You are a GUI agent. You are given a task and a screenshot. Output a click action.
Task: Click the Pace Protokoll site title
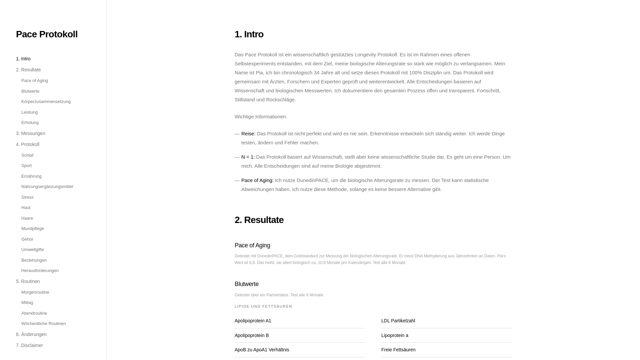pyautogui.click(x=47, y=34)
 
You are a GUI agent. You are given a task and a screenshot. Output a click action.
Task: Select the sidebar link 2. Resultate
pyautogui.click(x=28, y=70)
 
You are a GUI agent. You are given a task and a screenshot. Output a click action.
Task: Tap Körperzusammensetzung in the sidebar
pyautogui.click(x=46, y=102)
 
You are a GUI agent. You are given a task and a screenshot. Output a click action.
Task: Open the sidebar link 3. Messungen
pyautogui.click(x=31, y=133)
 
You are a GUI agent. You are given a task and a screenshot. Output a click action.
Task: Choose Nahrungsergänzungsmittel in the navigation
pyautogui.click(x=47, y=187)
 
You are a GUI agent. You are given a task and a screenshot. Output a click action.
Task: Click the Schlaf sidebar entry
pyautogui.click(x=27, y=155)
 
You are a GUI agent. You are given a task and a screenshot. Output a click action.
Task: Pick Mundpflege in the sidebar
pyautogui.click(x=33, y=229)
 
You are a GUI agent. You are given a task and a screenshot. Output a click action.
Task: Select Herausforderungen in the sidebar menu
pyautogui.click(x=40, y=271)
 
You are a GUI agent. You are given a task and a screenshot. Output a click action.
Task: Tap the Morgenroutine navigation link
pyautogui.click(x=35, y=292)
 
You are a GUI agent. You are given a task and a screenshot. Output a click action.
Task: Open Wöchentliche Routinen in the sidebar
pyautogui.click(x=44, y=324)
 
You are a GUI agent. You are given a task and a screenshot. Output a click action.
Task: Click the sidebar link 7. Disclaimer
pyautogui.click(x=29, y=345)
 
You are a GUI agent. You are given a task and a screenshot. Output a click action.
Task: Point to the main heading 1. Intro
pyautogui.click(x=249, y=34)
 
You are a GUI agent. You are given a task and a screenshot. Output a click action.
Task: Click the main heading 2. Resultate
pyautogui.click(x=259, y=220)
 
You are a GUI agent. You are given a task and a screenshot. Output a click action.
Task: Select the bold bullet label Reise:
pyautogui.click(x=248, y=134)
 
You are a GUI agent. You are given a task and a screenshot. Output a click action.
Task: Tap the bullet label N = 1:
pyautogui.click(x=248, y=157)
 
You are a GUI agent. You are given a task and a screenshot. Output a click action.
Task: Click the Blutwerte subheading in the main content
pyautogui.click(x=247, y=284)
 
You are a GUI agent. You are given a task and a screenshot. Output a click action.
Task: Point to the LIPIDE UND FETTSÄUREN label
pyautogui.click(x=263, y=306)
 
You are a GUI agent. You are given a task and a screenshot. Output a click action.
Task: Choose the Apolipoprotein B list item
pyautogui.click(x=252, y=335)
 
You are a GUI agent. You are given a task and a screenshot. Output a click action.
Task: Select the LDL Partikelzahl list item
pyautogui.click(x=398, y=321)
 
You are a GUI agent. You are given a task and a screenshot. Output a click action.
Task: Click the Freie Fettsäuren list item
pyautogui.click(x=398, y=350)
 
